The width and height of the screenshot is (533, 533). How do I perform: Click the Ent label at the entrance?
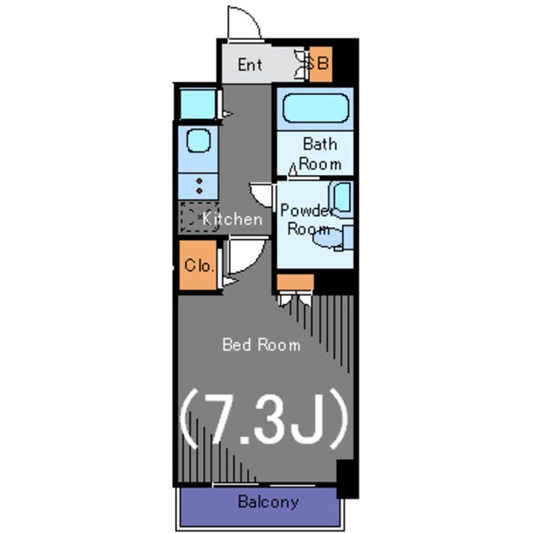pyautogui.click(x=250, y=65)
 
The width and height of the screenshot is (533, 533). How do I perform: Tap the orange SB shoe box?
pyautogui.click(x=320, y=64)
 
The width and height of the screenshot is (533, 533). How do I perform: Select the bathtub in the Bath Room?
pyautogui.click(x=315, y=108)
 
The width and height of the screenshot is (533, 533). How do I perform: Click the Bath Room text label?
pyautogui.click(x=320, y=154)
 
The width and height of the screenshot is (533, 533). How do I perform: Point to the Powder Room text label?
pyautogui.click(x=306, y=219)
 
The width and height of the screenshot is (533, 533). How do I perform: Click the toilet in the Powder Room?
pyautogui.click(x=331, y=237)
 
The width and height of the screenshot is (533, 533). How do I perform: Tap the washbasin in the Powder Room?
pyautogui.click(x=342, y=199)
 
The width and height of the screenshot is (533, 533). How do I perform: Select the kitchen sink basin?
pyautogui.click(x=198, y=140)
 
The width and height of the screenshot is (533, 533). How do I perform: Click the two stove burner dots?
pyautogui.click(x=199, y=186)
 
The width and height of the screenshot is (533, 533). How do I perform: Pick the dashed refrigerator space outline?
pyautogui.click(x=199, y=218)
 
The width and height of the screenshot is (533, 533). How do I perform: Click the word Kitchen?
pyautogui.click(x=233, y=219)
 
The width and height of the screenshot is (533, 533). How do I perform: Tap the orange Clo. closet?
pyautogui.click(x=198, y=265)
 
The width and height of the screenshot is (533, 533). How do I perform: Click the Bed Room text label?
pyautogui.click(x=261, y=345)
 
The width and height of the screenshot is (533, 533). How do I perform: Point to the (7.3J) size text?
pyautogui.click(x=264, y=418)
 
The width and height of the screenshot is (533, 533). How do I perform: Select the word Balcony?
pyautogui.click(x=268, y=502)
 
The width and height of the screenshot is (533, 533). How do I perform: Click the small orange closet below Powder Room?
pyautogui.click(x=295, y=282)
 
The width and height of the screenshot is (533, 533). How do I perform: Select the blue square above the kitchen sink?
pyautogui.click(x=198, y=104)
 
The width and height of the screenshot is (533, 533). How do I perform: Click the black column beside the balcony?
pyautogui.click(x=347, y=479)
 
